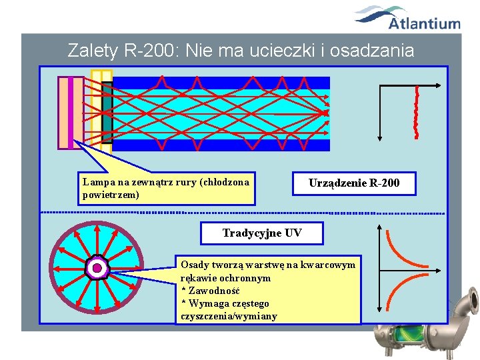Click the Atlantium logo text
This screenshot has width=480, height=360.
click(x=424, y=24)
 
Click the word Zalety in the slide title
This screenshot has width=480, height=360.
click(x=91, y=50)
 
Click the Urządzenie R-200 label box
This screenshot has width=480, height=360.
click(x=354, y=183)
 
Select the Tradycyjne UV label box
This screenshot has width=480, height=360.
click(x=261, y=233)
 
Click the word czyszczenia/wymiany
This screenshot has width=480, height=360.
click(x=229, y=316)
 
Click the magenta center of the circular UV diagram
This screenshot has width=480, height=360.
click(x=97, y=268)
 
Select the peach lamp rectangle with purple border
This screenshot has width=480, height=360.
click(x=71, y=113)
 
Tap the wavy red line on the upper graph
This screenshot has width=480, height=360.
click(x=417, y=112)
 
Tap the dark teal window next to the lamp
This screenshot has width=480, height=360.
click(x=107, y=113)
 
